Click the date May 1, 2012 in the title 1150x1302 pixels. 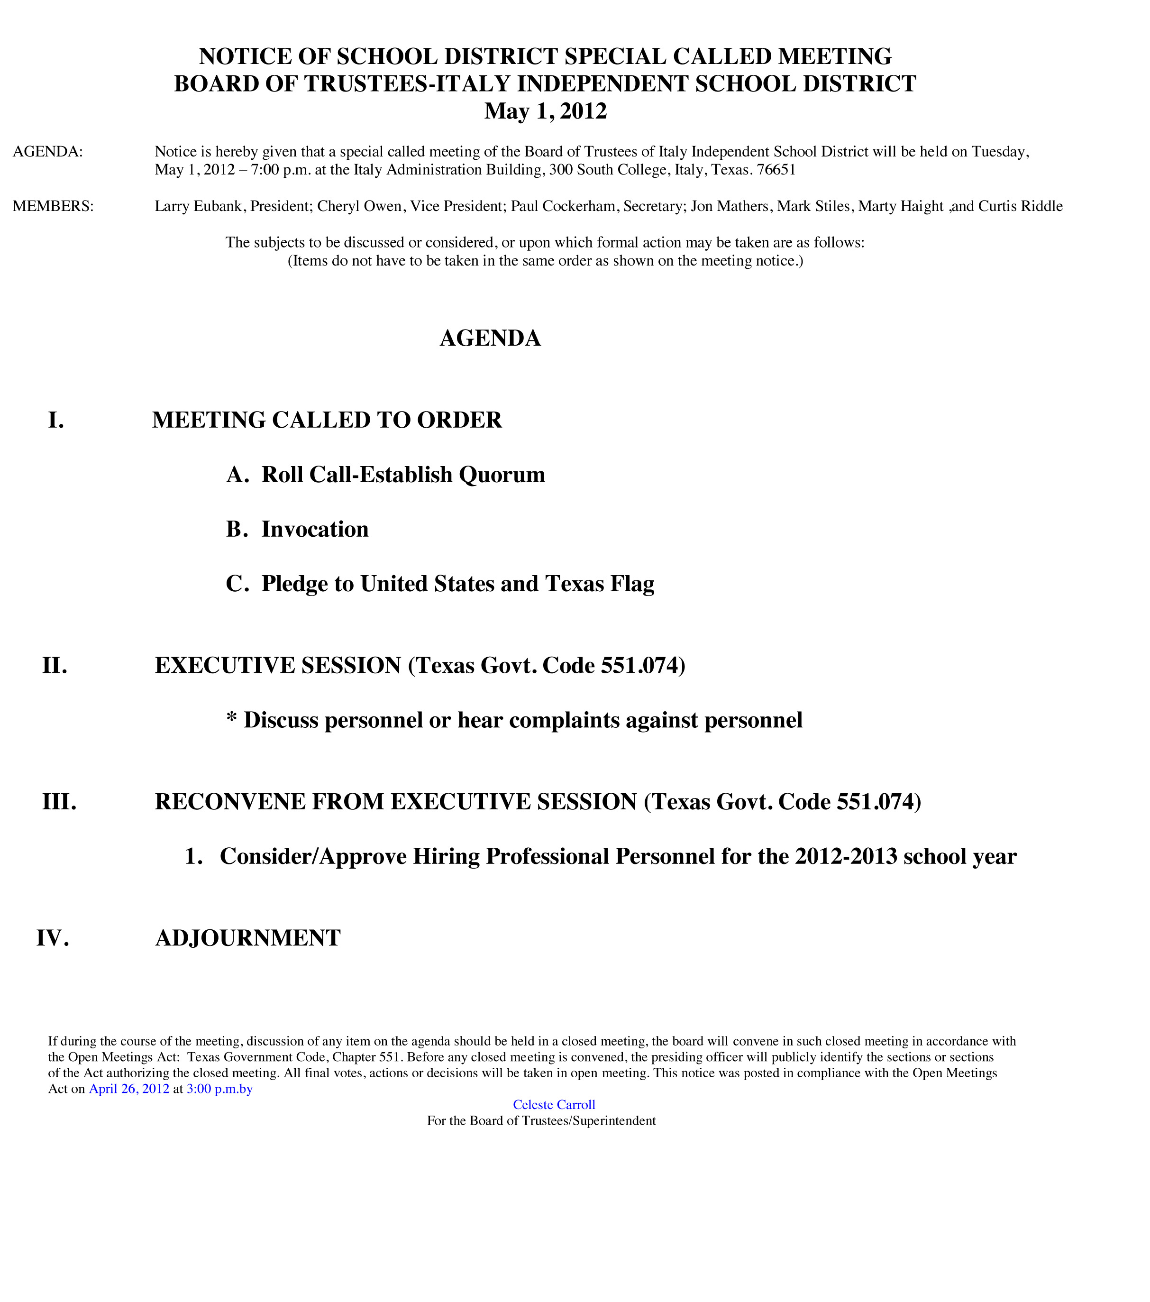click(x=545, y=111)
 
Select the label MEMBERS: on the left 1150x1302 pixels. click(x=53, y=206)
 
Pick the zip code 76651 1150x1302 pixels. click(x=776, y=170)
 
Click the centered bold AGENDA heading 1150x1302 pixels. click(x=490, y=338)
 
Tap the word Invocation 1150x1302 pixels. click(x=315, y=529)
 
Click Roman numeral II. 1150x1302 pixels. click(x=55, y=666)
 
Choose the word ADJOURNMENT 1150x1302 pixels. click(x=248, y=938)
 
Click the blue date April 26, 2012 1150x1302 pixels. click(x=129, y=1089)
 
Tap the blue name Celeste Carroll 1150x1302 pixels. click(x=554, y=1105)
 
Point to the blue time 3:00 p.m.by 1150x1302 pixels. click(x=219, y=1089)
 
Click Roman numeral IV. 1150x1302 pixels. click(x=52, y=938)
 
